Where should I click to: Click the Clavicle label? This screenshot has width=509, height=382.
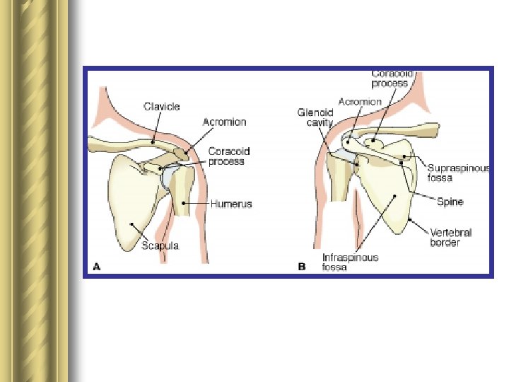162,107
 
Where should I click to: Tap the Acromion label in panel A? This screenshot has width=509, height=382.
224,122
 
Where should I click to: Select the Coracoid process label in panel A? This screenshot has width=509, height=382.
229,156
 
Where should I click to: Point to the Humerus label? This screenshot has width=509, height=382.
230,204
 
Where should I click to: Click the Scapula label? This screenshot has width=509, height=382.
160,245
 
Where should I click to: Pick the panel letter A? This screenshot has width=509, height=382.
97,267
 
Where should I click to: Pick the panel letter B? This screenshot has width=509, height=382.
302,267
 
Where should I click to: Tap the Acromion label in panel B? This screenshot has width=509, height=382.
360,102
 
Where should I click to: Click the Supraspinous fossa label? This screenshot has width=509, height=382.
458,173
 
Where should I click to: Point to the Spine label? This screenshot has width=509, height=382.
450,202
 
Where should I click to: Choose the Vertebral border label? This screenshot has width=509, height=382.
451,237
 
